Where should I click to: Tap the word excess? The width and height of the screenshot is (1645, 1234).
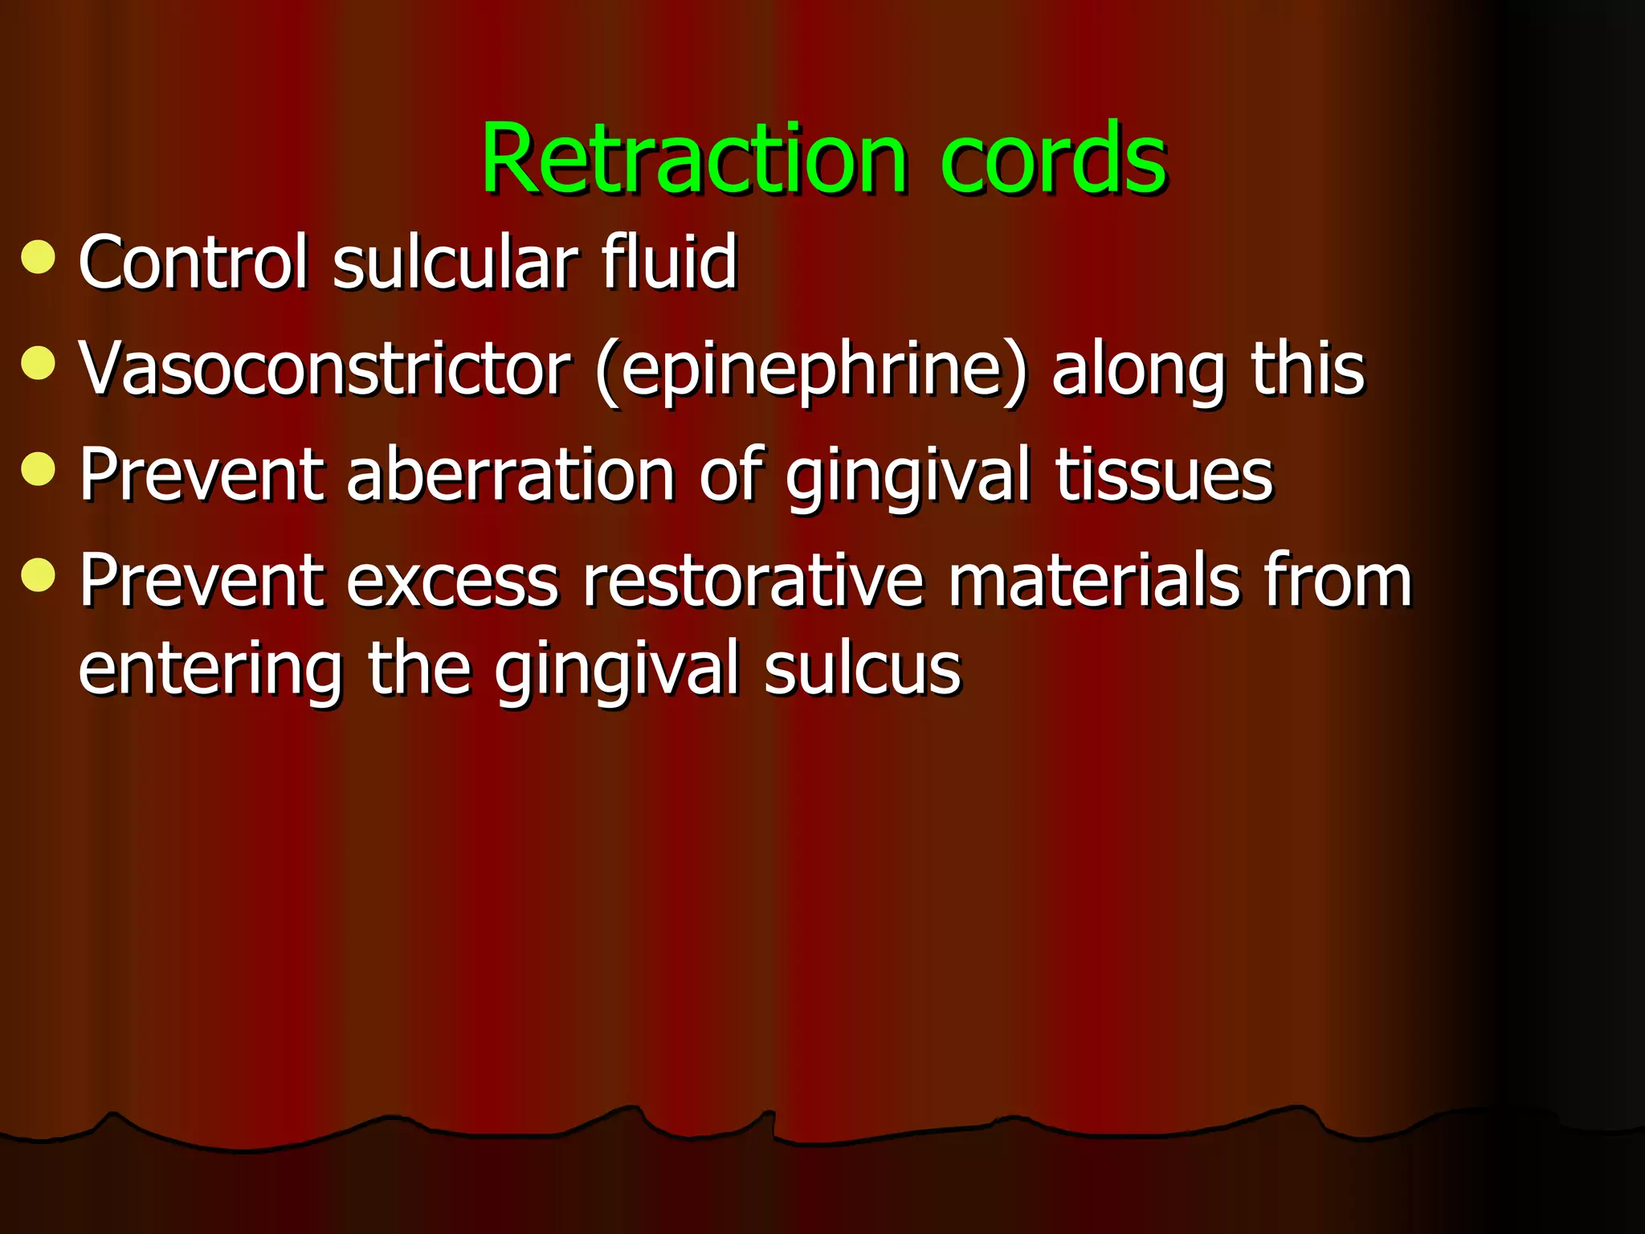click(451, 582)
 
